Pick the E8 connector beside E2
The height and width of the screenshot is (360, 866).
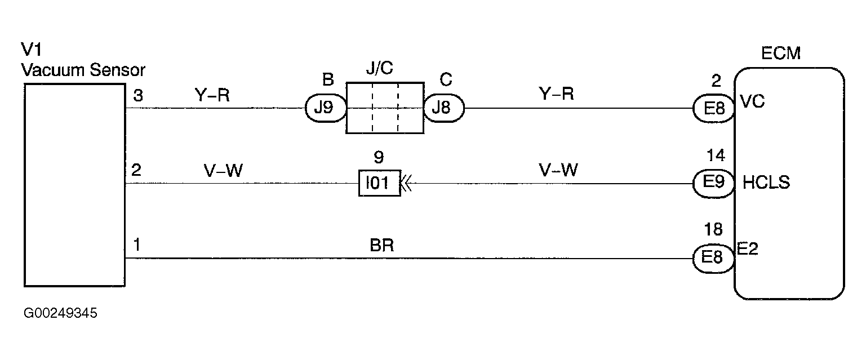(714, 258)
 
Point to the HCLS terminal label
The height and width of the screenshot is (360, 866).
(766, 183)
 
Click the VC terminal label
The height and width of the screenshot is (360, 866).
(752, 102)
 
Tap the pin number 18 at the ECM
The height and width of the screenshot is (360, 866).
(714, 229)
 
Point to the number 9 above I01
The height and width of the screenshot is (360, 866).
(379, 157)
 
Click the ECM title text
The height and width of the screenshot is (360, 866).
(781, 54)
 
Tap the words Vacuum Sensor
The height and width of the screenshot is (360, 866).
(83, 71)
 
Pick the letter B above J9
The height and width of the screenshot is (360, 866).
(328, 79)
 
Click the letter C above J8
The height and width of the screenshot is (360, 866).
(446, 79)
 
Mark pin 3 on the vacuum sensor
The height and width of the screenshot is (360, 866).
(138, 95)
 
